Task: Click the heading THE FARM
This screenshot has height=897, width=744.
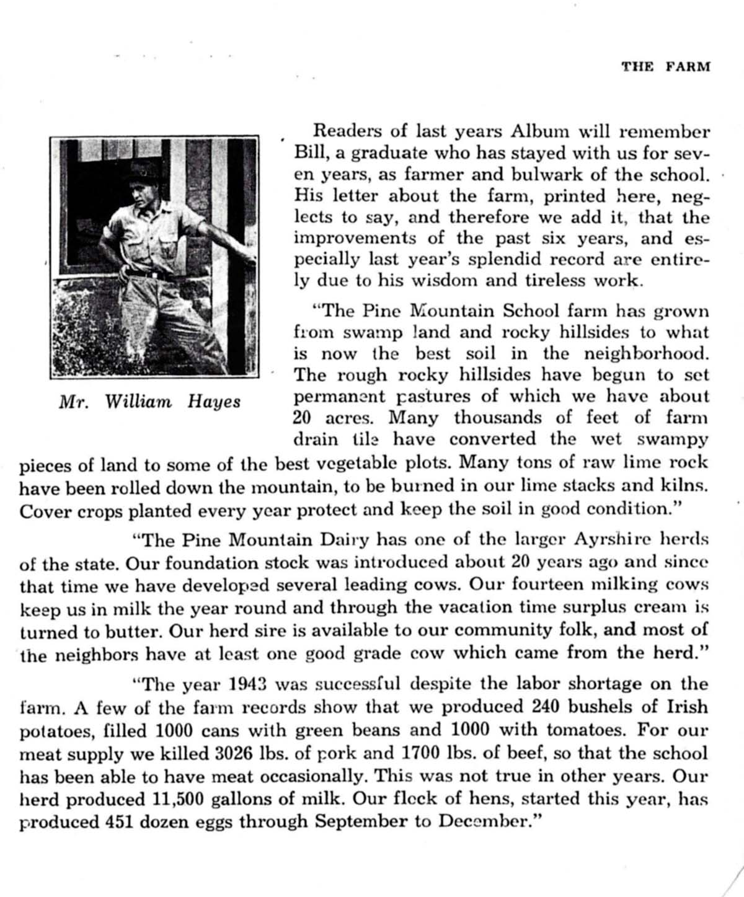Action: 666,67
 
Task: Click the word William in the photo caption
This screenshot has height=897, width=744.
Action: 139,402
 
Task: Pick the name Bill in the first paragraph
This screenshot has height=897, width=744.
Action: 308,152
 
